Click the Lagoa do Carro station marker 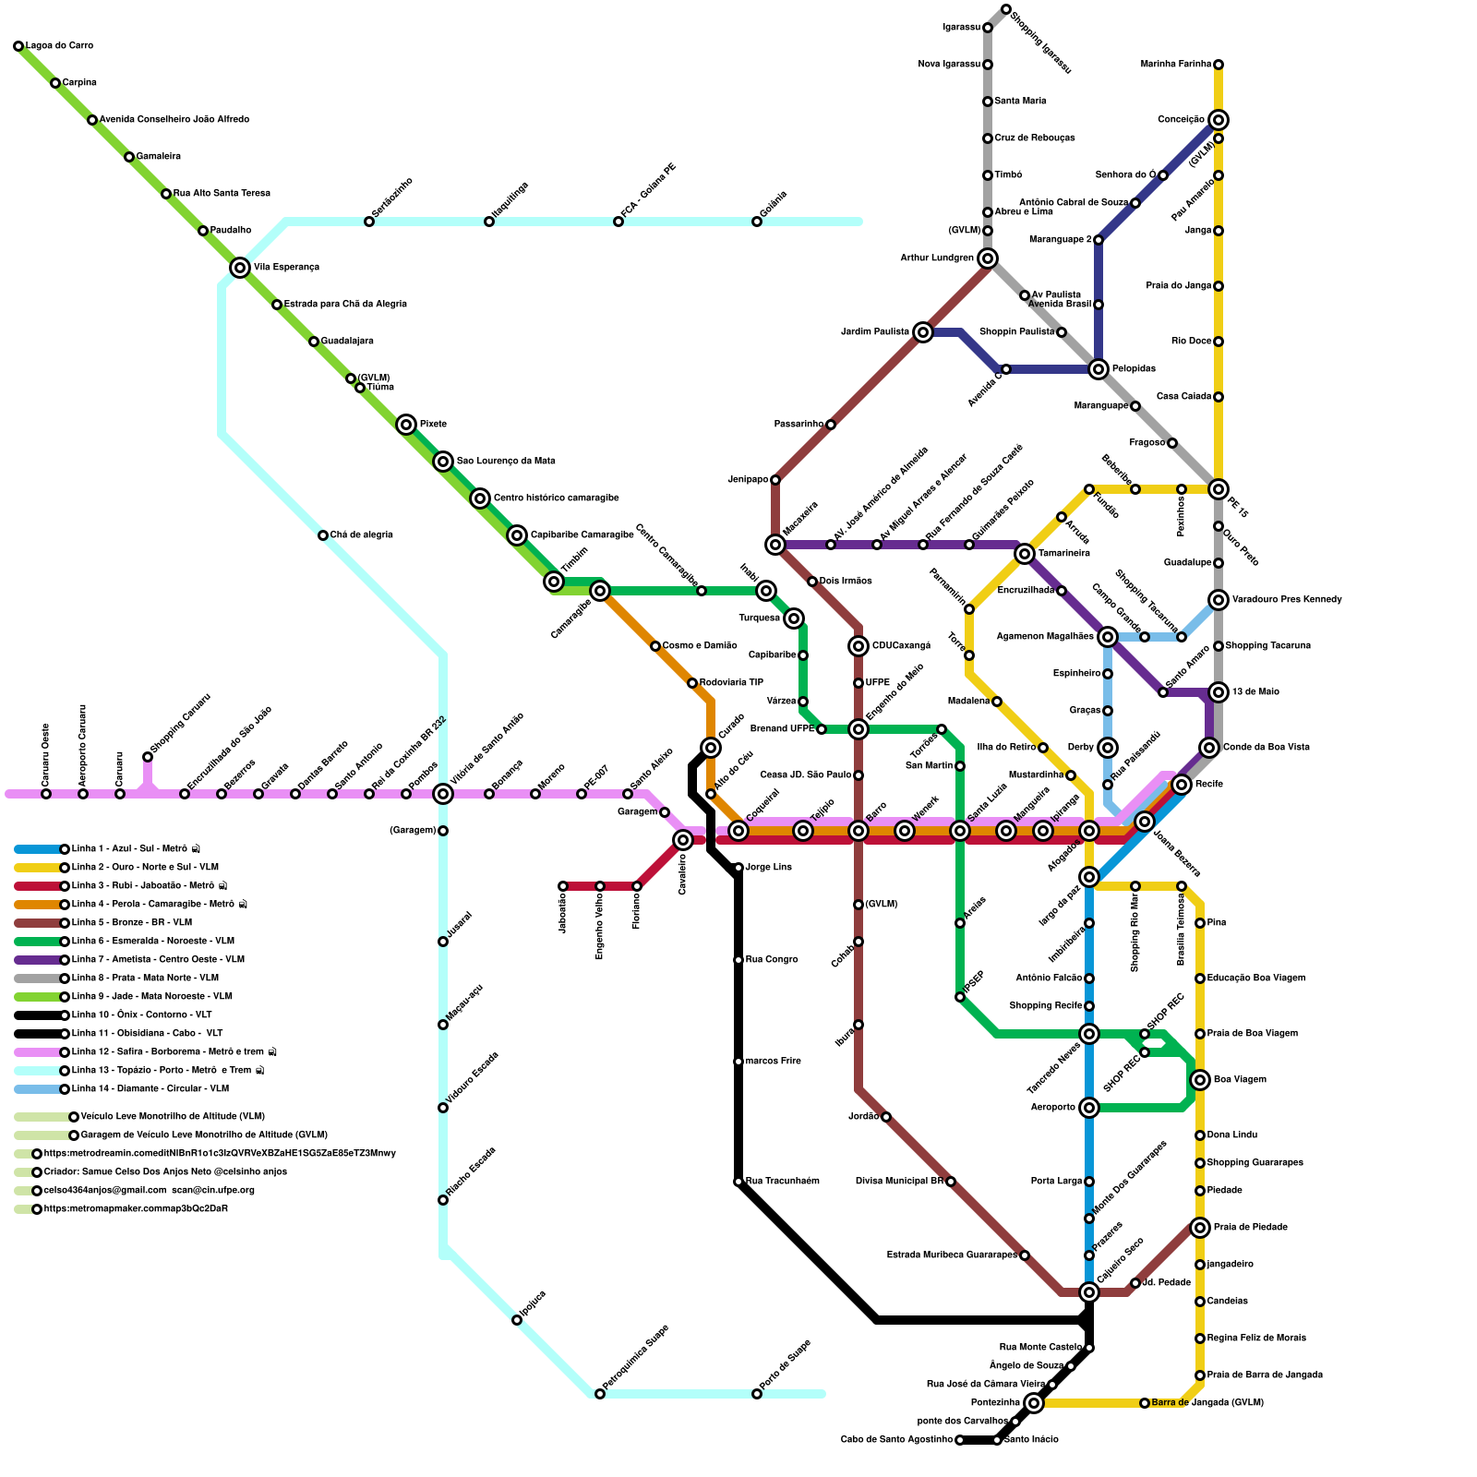pyautogui.click(x=18, y=46)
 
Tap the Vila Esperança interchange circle pyautogui.click(x=240, y=268)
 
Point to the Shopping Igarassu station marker pyautogui.click(x=1006, y=9)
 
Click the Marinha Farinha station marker pyautogui.click(x=1219, y=65)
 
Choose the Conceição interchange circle pyautogui.click(x=1219, y=120)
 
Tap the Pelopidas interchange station pyautogui.click(x=1099, y=369)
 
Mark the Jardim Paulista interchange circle pyautogui.click(x=923, y=332)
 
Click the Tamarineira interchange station pyautogui.click(x=1025, y=554)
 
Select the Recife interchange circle pyautogui.click(x=1182, y=785)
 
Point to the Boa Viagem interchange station pyautogui.click(x=1200, y=1080)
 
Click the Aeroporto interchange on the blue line pyautogui.click(x=1089, y=1108)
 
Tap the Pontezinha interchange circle pyautogui.click(x=1034, y=1403)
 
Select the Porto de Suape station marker pyautogui.click(x=757, y=1394)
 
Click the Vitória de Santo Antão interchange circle pyautogui.click(x=443, y=794)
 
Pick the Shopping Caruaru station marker pyautogui.click(x=148, y=757)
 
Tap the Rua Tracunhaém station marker pyautogui.click(x=738, y=1182)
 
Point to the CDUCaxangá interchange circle pyautogui.click(x=859, y=646)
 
